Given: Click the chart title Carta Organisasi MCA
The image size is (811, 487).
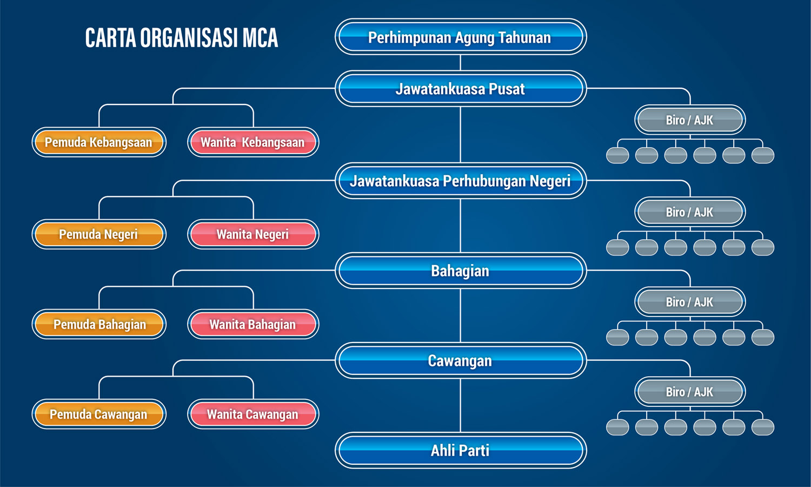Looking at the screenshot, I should coord(182,38).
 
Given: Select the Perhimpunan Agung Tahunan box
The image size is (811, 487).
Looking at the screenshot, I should coord(460,37).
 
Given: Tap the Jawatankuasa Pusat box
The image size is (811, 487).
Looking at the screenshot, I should coord(460,89).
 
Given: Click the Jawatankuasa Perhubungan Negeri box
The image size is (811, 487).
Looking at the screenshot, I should coord(460,181).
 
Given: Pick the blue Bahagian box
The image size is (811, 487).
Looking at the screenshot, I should coord(460,271).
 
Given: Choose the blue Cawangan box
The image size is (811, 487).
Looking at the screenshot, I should coord(460,360).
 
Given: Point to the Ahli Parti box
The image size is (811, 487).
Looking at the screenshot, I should coord(460,450).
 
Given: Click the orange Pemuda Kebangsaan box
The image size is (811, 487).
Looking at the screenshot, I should coord(99,142).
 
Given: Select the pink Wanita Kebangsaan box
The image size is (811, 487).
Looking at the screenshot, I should coord(253,142).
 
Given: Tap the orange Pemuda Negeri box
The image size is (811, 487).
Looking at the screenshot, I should coord(99,234).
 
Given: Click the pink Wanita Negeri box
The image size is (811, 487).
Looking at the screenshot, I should coord(253,234).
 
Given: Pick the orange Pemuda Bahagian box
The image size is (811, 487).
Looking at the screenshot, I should coord(99,324).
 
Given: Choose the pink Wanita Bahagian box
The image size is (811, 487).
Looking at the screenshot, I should coord(253,324).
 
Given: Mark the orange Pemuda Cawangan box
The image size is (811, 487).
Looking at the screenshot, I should coord(99,414).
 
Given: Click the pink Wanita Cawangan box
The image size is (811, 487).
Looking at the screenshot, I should coord(253,414).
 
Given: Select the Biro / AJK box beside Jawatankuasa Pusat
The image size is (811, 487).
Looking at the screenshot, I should coord(690,120).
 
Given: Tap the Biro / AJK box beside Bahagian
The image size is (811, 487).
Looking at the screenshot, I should coord(690,302).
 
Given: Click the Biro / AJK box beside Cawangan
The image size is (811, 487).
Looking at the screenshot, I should coord(690,392).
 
